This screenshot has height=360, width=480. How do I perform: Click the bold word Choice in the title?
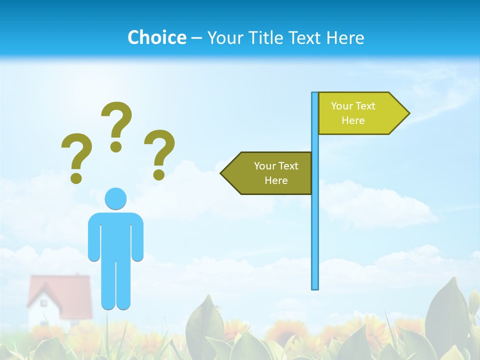156,37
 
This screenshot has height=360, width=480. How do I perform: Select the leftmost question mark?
76,152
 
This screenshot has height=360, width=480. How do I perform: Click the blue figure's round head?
115,198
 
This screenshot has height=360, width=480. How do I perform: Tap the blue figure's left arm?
94,237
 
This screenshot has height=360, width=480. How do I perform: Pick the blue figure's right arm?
137,237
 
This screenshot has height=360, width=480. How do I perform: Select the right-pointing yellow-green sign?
357,113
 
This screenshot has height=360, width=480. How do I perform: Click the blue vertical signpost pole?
315,225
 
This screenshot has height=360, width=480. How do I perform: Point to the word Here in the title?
345,37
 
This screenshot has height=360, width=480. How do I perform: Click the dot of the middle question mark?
116,146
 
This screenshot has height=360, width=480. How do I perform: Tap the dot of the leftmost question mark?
76,177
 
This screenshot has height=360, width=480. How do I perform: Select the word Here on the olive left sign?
276,180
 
